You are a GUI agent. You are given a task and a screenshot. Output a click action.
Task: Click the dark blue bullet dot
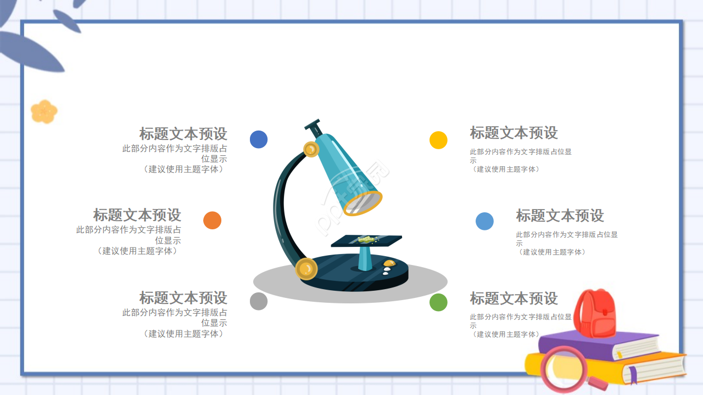[x=259, y=139]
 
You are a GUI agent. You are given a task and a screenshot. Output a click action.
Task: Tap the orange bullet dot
[x=212, y=220]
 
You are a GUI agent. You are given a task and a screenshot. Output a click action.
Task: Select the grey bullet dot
[x=259, y=301]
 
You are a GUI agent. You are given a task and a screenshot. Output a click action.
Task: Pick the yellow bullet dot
[x=438, y=140]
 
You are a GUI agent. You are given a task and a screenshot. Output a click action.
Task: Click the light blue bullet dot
[x=484, y=221]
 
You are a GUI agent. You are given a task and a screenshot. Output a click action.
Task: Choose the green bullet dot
[x=438, y=302]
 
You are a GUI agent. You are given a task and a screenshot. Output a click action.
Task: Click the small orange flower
[x=44, y=111]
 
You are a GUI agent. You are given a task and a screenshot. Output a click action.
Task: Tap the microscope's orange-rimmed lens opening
[x=363, y=203]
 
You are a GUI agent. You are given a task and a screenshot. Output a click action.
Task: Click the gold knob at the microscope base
[x=306, y=269]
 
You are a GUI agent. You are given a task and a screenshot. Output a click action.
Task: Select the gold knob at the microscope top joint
[x=311, y=149]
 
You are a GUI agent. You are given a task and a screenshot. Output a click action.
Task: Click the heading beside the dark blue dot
[x=183, y=134]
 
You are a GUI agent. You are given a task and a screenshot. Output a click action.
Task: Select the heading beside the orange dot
[x=137, y=215]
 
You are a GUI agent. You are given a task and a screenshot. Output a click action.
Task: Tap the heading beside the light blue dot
[x=560, y=216]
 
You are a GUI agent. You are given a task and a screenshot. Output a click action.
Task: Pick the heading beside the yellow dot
[x=514, y=133]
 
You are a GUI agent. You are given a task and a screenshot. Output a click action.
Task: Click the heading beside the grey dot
[x=183, y=298]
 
